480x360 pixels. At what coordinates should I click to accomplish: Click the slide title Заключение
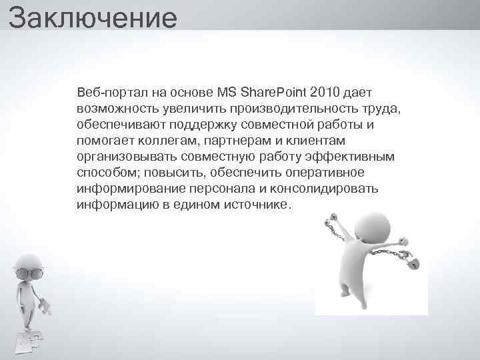93,18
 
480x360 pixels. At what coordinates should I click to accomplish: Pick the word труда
381,107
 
